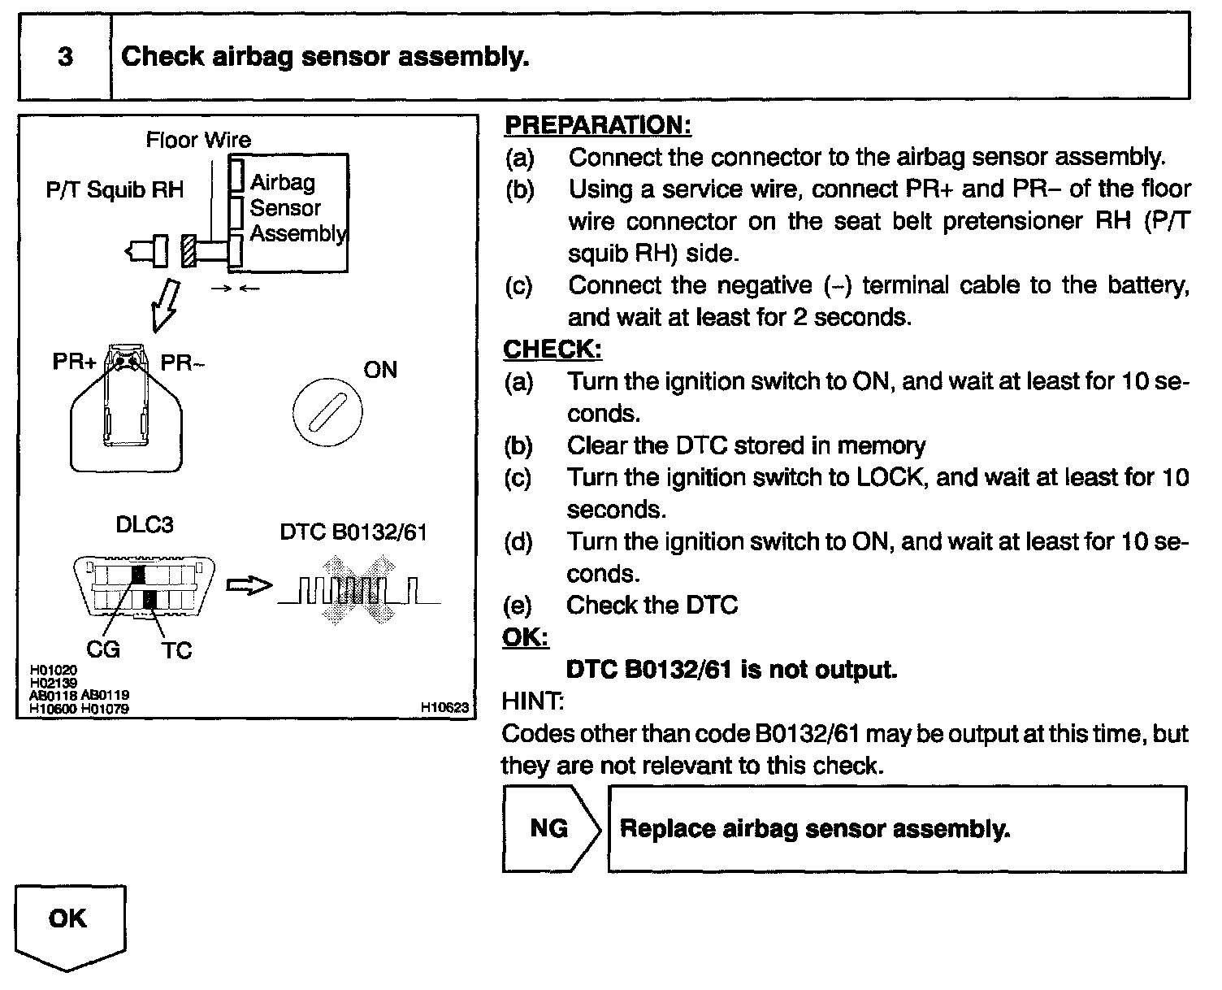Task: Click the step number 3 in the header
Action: pos(65,57)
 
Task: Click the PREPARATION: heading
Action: pos(597,125)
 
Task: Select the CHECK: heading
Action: pos(552,350)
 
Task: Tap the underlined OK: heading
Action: pos(525,637)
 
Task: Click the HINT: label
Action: pos(533,701)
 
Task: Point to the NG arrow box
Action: pos(550,828)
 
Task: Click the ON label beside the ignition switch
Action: pos(380,371)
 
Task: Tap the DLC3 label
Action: pos(145,524)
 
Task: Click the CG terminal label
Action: pos(103,649)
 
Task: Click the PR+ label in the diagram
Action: pos(74,362)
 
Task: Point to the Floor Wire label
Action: pos(198,140)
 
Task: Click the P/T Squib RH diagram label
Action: pos(115,190)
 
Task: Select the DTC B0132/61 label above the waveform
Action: pos(353,532)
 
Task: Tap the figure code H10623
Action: pos(444,707)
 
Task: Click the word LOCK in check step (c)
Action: pos(890,477)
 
